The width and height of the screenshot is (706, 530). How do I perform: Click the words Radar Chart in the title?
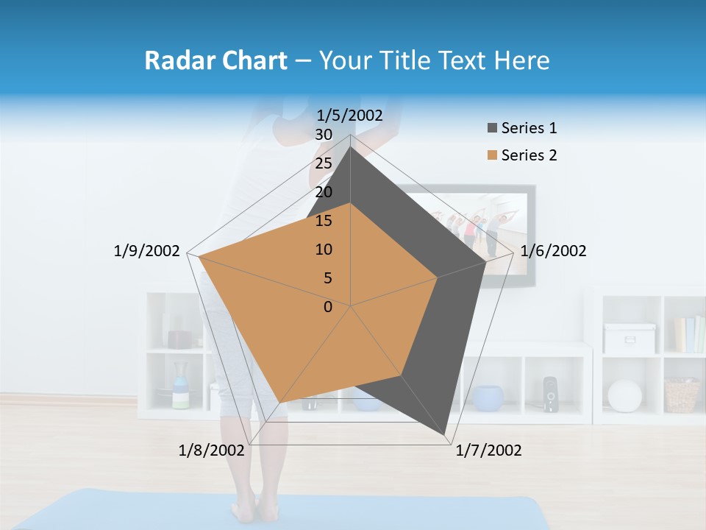click(215, 60)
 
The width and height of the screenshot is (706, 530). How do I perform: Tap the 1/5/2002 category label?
click(349, 115)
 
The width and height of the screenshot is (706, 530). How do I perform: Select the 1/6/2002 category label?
click(553, 251)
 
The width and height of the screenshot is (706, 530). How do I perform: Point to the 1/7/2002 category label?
click(488, 451)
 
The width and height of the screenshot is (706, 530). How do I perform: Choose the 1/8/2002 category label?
click(211, 451)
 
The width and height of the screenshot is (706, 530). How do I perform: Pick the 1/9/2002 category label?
click(146, 251)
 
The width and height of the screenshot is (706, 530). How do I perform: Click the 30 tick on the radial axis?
click(324, 135)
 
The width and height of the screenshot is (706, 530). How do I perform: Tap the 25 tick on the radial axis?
click(324, 163)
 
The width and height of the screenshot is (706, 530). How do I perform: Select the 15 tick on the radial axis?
click(324, 221)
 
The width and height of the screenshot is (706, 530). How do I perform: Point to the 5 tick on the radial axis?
click(327, 278)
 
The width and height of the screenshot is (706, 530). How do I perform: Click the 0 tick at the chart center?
click(328, 307)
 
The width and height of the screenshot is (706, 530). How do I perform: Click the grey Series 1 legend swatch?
click(492, 129)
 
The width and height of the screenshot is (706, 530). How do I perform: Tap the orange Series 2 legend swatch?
click(492, 156)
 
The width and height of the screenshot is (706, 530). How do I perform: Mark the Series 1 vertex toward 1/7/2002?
click(446, 434)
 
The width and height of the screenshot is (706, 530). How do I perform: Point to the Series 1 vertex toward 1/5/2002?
click(351, 147)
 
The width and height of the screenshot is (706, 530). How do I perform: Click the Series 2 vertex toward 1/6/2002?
click(438, 278)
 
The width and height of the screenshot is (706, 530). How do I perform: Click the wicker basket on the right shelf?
click(681, 395)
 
